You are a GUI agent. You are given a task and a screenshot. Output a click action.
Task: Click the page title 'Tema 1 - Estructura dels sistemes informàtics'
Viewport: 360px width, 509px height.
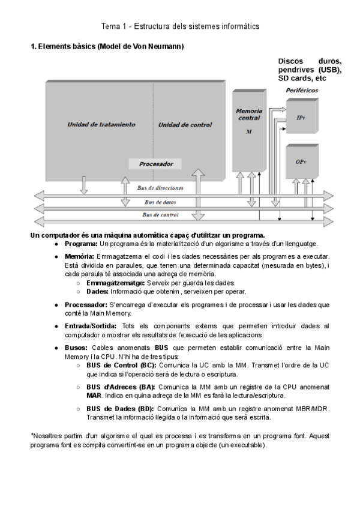pos(180,26)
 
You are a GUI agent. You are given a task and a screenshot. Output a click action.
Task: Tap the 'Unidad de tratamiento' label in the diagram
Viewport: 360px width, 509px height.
pos(101,125)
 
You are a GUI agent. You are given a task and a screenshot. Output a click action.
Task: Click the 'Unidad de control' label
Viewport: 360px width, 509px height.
pos(185,125)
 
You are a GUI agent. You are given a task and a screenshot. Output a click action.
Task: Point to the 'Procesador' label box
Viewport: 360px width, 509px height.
pos(156,163)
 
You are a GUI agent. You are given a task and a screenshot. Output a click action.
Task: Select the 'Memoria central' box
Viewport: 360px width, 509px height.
pos(248,129)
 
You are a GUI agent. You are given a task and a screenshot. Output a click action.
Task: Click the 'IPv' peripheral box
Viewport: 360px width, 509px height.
pos(301,118)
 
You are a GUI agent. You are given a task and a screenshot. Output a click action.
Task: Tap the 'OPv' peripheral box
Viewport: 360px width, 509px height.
pos(301,162)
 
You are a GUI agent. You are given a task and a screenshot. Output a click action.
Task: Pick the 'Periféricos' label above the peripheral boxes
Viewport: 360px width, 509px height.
pos(302,91)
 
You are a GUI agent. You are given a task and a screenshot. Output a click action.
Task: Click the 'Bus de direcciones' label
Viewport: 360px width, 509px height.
pos(160,187)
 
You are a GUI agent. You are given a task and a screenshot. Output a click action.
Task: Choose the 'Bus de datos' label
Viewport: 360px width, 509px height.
pos(160,202)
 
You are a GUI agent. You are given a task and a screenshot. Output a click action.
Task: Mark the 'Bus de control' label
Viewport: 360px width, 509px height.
pos(160,214)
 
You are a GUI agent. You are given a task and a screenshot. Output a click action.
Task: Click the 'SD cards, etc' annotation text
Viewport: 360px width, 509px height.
pos(302,79)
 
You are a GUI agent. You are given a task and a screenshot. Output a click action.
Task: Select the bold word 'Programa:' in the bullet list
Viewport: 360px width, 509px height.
pos(81,244)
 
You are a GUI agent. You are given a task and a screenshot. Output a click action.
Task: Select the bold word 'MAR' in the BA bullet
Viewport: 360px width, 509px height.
pos(94,396)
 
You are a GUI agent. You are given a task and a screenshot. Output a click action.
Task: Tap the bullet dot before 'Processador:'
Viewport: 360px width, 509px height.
pos(56,305)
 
